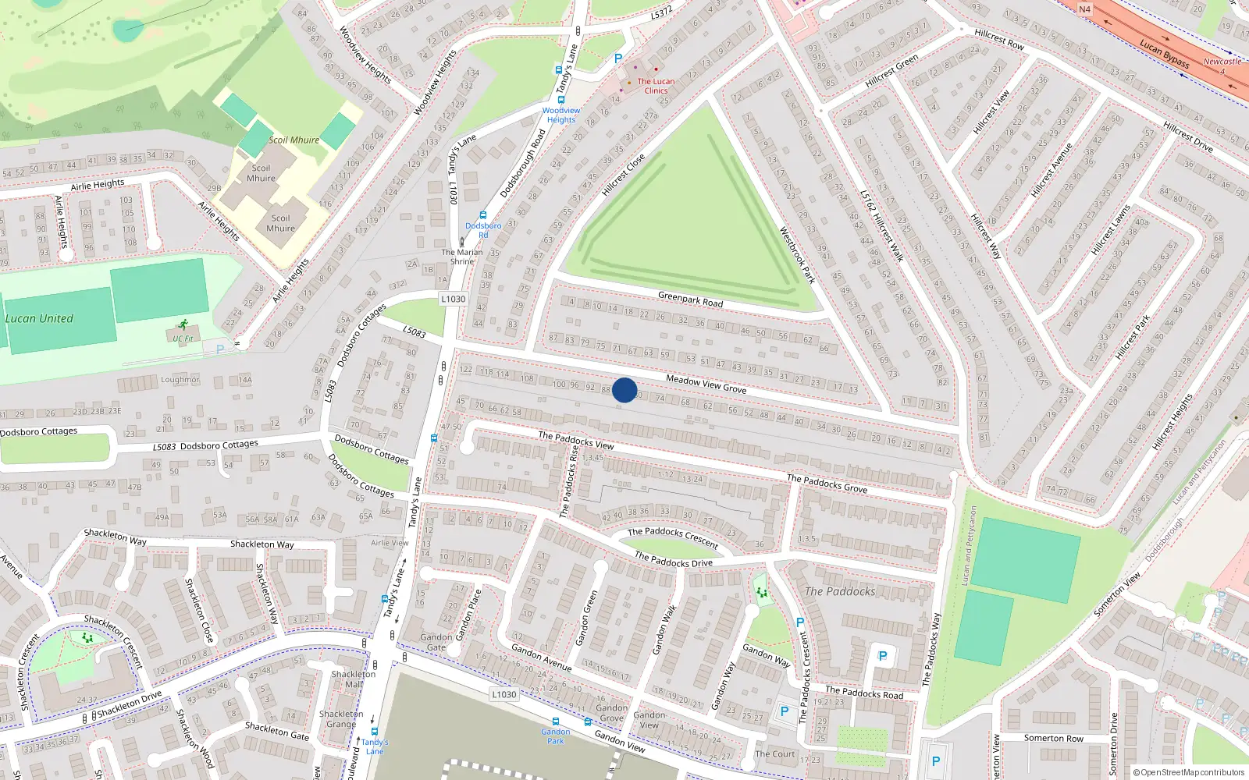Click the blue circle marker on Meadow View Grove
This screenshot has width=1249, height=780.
624,390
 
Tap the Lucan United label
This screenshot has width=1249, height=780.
39,318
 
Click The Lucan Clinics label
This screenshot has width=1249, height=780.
656,86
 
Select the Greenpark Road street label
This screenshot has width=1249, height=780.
690,299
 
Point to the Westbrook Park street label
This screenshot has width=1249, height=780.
797,255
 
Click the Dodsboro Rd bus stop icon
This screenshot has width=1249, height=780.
483,216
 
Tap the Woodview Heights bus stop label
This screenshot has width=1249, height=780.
560,115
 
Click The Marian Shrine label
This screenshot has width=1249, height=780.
462,257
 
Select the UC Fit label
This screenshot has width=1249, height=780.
183,339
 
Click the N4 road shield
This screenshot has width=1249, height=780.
1085,9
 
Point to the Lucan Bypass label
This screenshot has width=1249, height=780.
1164,53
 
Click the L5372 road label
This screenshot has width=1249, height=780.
661,13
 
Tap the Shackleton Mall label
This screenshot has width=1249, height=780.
353,679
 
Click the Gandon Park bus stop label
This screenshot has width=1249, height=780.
555,736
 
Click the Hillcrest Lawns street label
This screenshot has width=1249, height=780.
1111,230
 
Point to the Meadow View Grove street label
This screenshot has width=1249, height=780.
706,384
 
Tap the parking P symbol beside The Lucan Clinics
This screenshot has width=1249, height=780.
618,58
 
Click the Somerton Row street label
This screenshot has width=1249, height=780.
1053,738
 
